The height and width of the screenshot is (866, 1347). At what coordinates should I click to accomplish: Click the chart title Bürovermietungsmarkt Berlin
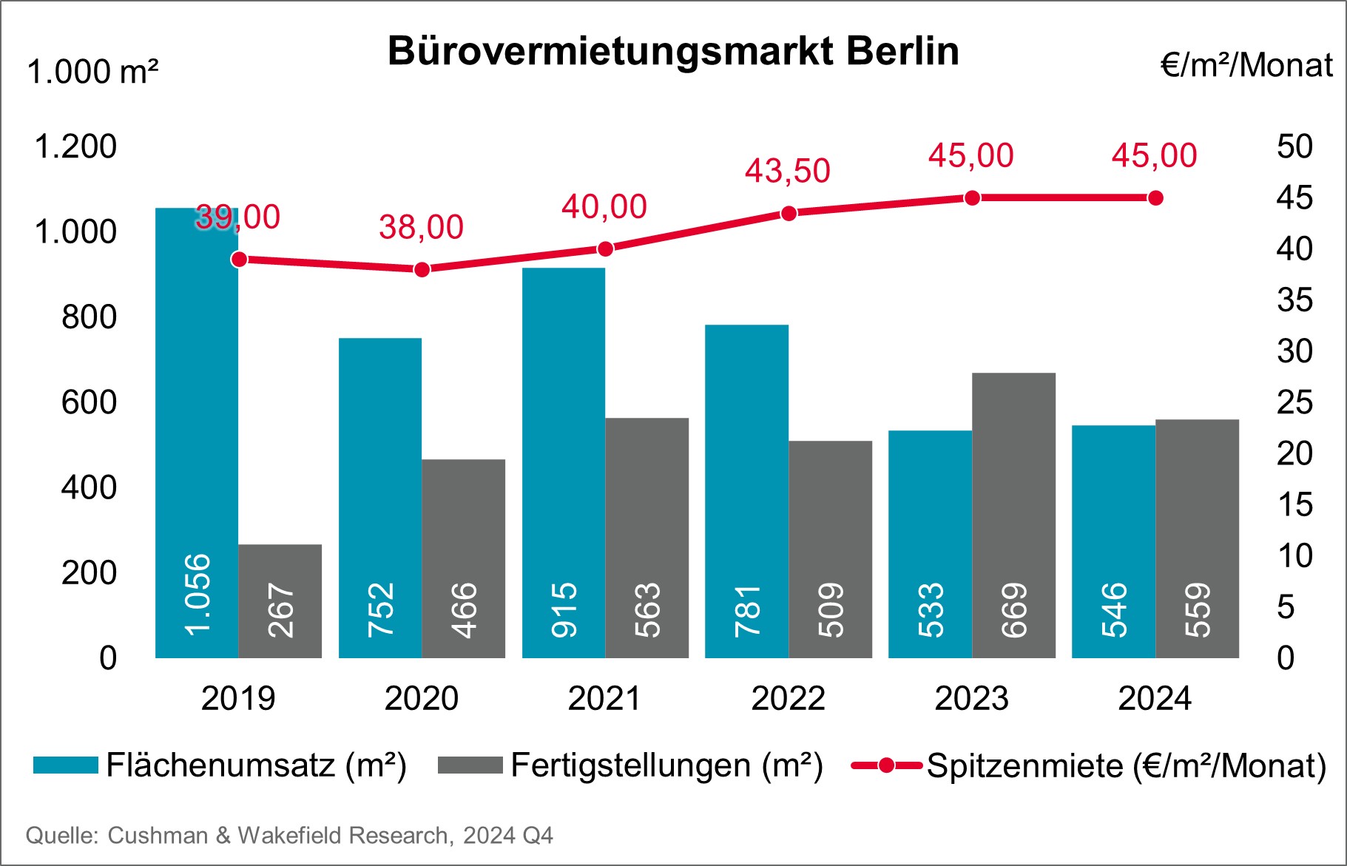coord(673,51)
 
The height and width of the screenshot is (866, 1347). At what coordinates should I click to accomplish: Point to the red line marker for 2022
coord(789,213)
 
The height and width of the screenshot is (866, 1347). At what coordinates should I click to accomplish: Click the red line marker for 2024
coord(1155,197)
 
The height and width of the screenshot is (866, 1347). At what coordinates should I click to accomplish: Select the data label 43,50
coord(788,171)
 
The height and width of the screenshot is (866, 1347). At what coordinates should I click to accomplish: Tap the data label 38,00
coord(421,227)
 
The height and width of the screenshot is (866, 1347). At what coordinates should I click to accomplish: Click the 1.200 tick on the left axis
coord(75,146)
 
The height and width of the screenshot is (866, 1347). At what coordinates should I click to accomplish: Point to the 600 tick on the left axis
coord(89,402)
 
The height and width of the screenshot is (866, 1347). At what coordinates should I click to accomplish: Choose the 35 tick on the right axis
coord(1294,300)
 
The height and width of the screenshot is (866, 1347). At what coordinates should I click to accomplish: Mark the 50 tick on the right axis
coord(1294,146)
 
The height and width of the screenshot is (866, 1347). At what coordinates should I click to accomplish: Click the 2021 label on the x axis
coord(604,698)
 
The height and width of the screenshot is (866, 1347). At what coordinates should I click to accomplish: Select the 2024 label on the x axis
coord(1155,698)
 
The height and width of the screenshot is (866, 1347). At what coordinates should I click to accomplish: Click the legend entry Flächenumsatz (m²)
coord(256,765)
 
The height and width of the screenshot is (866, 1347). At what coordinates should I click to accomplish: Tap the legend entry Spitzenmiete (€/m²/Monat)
coord(1126,765)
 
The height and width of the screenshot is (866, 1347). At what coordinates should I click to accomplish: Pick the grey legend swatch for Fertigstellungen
coord(470,765)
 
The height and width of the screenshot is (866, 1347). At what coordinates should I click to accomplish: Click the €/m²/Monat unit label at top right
coord(1246,65)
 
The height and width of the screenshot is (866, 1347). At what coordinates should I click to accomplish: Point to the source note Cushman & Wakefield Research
coord(289,836)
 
